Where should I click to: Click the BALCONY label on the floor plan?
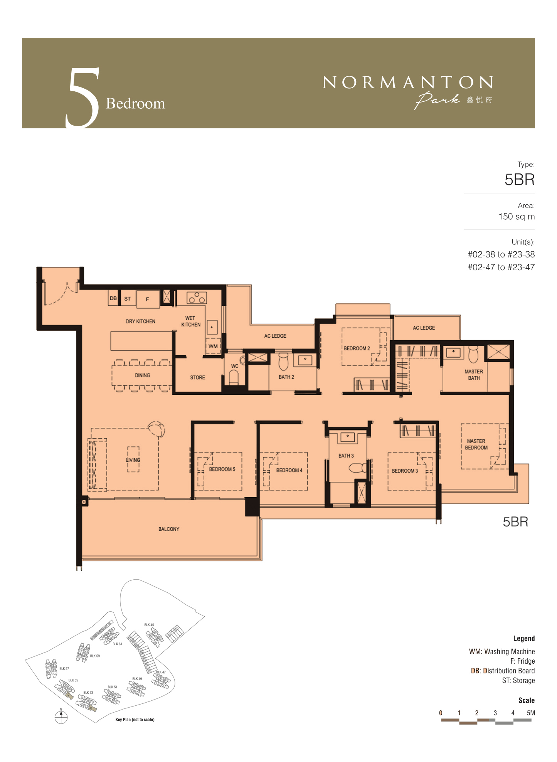(x=169, y=529)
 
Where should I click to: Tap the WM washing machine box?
(x=213, y=346)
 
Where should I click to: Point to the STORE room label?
(x=197, y=377)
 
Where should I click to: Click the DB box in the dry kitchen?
(x=113, y=298)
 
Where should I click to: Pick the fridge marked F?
(x=147, y=299)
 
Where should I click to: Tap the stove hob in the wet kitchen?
(x=197, y=298)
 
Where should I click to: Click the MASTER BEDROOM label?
(x=476, y=444)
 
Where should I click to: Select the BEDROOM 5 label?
(x=222, y=469)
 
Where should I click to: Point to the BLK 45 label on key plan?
(x=149, y=625)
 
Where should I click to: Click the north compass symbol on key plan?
(x=61, y=717)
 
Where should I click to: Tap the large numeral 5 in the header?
(x=83, y=98)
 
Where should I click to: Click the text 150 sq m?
(x=517, y=217)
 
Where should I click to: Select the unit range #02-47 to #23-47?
(x=501, y=267)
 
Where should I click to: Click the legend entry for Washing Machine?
(x=502, y=651)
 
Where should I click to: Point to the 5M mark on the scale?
(x=531, y=713)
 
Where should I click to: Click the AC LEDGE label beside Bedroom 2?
(x=424, y=328)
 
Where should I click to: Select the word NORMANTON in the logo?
(x=407, y=82)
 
